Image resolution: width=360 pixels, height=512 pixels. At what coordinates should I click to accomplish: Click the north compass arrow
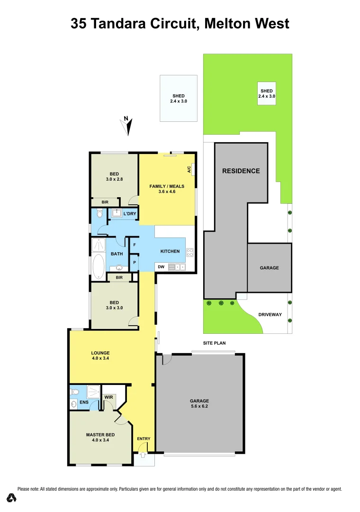[x=127, y=126]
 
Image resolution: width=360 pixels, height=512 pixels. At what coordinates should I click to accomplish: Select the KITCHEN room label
[x=170, y=251]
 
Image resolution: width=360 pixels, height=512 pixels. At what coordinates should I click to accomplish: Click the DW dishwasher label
[x=161, y=267]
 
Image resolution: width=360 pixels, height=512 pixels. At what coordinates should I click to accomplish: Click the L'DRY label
[x=130, y=214]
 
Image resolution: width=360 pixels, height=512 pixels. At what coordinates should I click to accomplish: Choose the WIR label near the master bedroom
[x=108, y=397]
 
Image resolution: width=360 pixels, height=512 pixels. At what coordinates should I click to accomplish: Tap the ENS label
[x=84, y=402]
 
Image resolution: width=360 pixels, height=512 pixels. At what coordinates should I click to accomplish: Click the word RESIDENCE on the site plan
[x=241, y=171]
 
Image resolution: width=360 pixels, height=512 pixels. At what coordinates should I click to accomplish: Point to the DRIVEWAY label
[x=270, y=314]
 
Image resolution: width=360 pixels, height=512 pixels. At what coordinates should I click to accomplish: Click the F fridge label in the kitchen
[x=135, y=245]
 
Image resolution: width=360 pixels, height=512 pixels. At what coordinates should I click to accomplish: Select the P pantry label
[x=135, y=262]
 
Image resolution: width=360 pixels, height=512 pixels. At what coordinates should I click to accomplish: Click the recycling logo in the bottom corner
[x=12, y=498]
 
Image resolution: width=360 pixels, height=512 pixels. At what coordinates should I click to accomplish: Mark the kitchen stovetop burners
[x=190, y=252]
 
